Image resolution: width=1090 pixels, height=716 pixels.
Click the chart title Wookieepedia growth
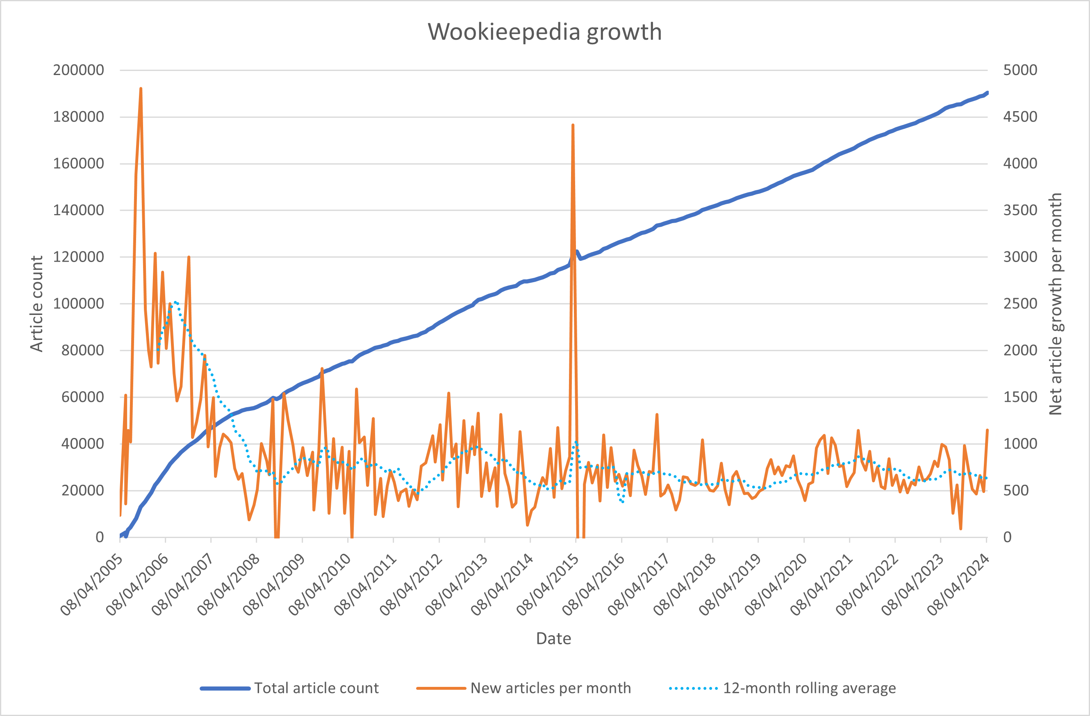coord(544,32)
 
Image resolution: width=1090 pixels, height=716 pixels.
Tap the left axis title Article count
coord(36,304)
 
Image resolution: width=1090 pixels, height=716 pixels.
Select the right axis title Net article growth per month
coord(1055,304)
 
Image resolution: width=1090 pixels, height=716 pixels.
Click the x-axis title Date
coord(553,638)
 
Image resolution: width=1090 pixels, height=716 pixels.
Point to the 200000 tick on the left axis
coord(79,70)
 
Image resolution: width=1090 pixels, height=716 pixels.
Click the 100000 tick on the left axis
coord(79,304)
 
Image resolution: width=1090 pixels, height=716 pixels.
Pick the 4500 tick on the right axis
coord(1020,117)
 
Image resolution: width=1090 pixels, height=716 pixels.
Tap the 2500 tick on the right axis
coord(1020,304)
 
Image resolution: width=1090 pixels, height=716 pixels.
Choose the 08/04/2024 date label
coord(959,586)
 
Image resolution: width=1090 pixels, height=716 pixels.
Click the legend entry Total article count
coord(316,688)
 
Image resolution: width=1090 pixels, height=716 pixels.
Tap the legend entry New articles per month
coord(550,688)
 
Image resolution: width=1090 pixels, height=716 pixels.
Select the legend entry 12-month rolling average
coord(809,688)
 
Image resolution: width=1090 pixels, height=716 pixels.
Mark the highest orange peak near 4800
coord(141,89)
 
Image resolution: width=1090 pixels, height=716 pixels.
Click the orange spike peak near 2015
coord(573,125)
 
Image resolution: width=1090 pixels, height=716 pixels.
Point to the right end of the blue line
coord(987,93)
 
